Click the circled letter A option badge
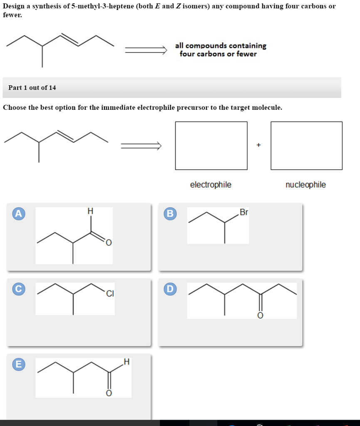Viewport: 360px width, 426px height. click(17, 214)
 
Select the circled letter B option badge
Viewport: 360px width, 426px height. click(169, 214)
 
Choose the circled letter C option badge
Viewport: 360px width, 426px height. click(17, 289)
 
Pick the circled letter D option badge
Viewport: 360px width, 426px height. click(169, 289)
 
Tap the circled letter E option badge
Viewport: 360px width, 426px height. click(17, 364)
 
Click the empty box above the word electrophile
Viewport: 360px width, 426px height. click(211, 146)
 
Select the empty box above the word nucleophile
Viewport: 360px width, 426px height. click(306, 146)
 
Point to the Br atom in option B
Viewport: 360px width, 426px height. click(244, 213)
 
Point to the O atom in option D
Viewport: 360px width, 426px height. click(261, 316)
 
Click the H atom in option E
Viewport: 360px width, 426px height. click(127, 362)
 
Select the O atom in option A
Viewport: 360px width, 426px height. click(108, 243)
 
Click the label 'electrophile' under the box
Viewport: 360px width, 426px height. click(211, 185)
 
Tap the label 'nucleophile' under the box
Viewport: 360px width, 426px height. click(306, 185)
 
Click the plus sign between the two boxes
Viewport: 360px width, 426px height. click(259, 145)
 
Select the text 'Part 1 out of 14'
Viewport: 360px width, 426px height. click(32, 88)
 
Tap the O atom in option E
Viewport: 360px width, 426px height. click(109, 393)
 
